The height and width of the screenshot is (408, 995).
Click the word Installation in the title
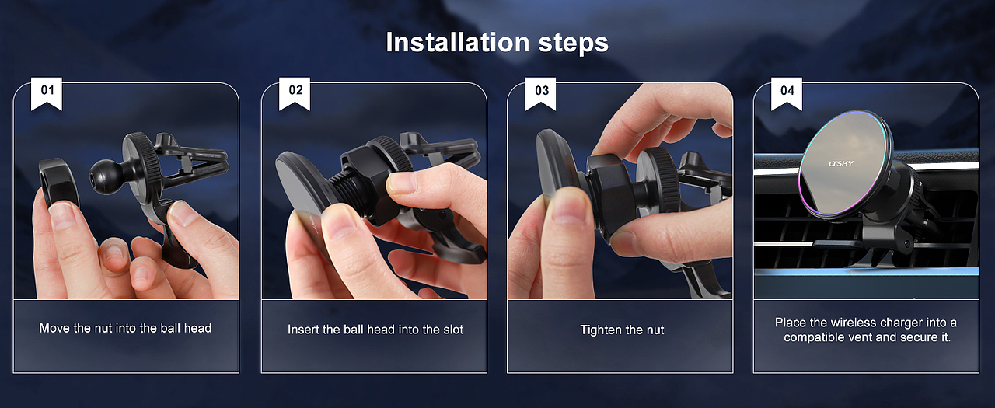(x=458, y=43)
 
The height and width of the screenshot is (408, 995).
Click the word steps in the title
(x=574, y=44)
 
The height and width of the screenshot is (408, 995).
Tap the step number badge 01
(x=47, y=93)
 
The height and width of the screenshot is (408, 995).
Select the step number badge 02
(x=295, y=93)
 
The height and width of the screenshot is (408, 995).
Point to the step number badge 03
(x=540, y=93)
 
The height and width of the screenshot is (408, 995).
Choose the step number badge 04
(x=787, y=93)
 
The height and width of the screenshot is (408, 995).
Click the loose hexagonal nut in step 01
(x=58, y=183)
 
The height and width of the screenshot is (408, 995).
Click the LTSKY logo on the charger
(x=841, y=163)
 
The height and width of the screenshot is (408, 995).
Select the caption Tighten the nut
(x=622, y=330)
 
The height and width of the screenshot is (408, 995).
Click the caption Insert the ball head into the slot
(x=375, y=330)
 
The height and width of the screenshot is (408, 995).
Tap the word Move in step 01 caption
(x=54, y=328)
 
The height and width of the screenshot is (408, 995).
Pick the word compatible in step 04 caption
(x=815, y=337)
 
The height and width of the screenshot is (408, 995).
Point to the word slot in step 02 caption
(x=452, y=330)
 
